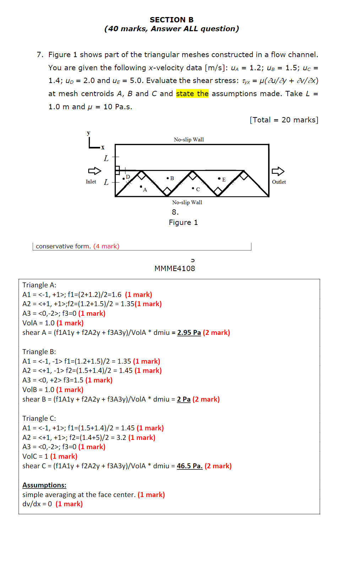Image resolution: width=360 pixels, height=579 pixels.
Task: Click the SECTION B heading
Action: point(171,20)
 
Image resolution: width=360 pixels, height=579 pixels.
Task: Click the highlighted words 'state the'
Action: point(192,94)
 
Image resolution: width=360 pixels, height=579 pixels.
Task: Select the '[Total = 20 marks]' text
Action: point(284,120)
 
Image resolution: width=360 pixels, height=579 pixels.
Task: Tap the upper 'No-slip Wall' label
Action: point(189,139)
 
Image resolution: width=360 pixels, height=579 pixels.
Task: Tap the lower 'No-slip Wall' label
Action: point(187,202)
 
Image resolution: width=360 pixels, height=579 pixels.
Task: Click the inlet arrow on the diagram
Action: point(94,171)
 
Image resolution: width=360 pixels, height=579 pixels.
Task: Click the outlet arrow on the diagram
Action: point(278,171)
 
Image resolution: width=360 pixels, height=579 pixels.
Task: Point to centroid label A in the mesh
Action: point(145,190)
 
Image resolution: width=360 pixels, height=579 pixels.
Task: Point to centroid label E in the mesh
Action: point(224,180)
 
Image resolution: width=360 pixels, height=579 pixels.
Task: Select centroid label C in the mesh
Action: point(198,189)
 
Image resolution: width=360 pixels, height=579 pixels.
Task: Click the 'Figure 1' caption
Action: point(183,222)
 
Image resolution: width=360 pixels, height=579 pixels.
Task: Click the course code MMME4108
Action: point(175,269)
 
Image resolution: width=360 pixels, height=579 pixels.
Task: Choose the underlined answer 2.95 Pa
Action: point(189,333)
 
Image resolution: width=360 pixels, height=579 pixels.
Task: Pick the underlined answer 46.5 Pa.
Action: point(190,466)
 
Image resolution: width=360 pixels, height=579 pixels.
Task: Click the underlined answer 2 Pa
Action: point(184,399)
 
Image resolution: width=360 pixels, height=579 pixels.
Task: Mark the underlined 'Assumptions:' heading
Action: point(44,485)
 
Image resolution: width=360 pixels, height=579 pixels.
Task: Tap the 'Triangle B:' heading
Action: point(39,352)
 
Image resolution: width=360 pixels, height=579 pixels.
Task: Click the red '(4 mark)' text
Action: point(106,246)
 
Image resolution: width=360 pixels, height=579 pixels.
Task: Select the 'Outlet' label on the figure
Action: point(279,182)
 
